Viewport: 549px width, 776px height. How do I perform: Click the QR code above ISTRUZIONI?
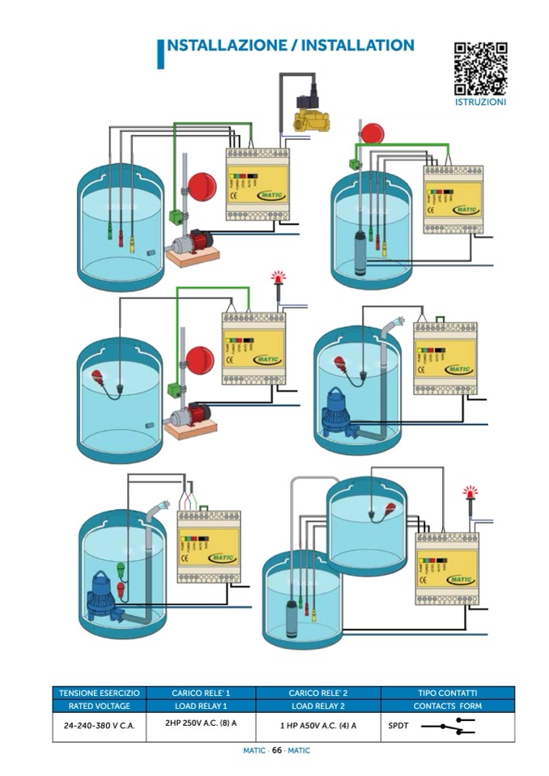(x=480, y=69)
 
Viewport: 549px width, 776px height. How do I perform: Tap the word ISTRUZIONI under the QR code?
(x=480, y=103)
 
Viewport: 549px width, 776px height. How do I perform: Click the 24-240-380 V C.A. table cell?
(x=100, y=726)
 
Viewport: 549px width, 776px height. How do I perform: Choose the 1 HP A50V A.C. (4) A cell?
(x=318, y=726)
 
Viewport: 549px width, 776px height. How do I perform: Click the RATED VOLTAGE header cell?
(x=100, y=706)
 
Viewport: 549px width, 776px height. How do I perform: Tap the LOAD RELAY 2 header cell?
(x=318, y=706)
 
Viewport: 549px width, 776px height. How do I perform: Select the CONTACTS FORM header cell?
(x=447, y=706)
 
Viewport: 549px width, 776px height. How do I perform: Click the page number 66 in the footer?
(x=276, y=750)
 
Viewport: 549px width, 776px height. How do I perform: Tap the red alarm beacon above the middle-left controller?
(x=279, y=278)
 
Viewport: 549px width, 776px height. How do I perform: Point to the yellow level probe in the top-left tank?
(x=132, y=240)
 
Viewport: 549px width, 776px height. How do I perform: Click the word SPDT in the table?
(x=398, y=726)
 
